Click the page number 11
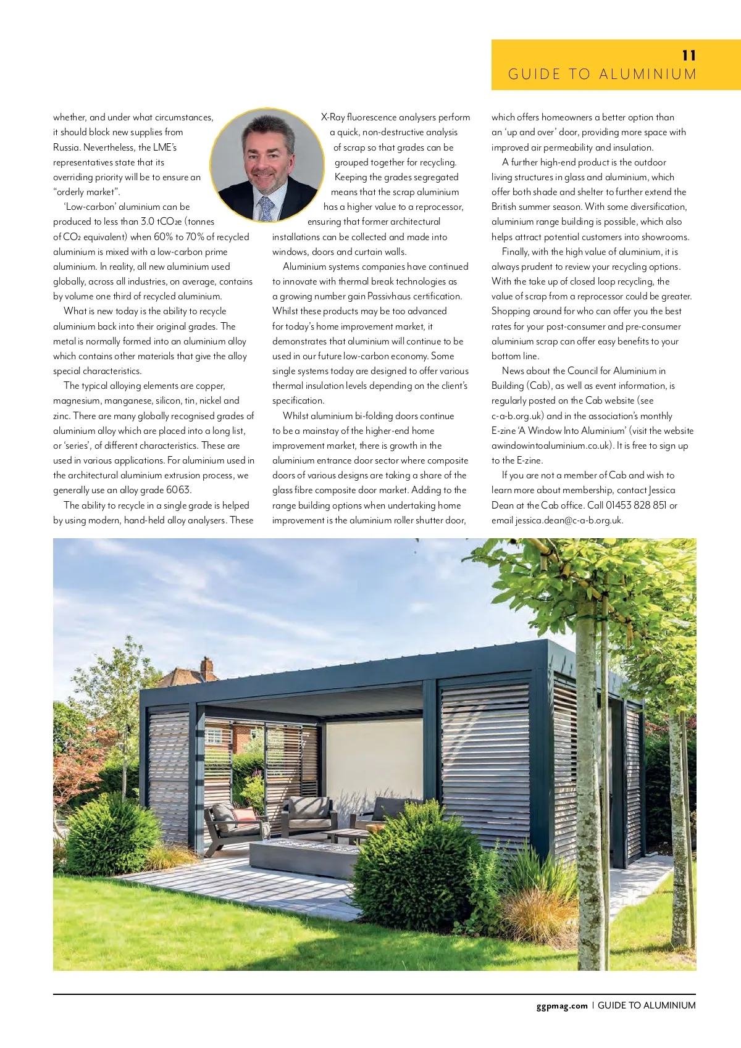point(689,56)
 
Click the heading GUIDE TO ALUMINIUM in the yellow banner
point(602,75)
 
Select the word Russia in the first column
point(66,148)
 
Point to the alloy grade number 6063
point(178,490)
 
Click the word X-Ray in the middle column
point(333,117)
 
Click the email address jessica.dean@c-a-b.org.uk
point(569,520)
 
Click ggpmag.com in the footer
point(562,1005)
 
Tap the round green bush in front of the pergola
point(420,864)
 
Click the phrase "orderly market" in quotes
point(86,192)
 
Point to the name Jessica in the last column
point(662,490)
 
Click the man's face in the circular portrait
point(267,154)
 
